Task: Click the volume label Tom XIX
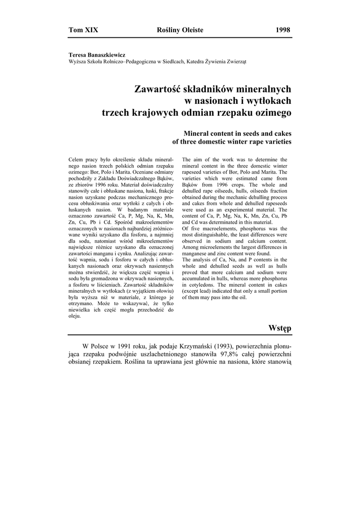(x=84, y=30)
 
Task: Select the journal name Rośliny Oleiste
(x=180, y=30)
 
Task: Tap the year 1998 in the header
(x=283, y=30)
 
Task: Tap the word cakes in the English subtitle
(x=280, y=133)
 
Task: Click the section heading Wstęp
(x=279, y=329)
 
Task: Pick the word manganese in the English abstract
(x=198, y=253)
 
